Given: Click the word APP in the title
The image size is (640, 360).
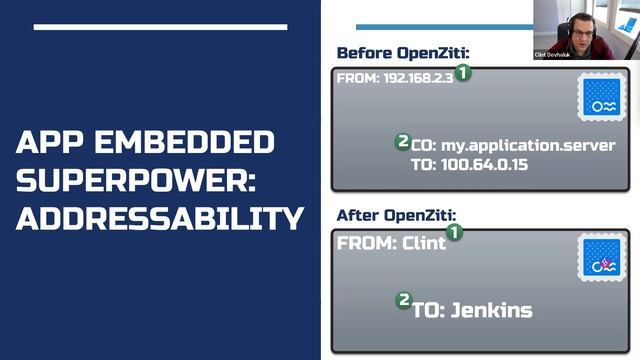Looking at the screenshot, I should point(51,142).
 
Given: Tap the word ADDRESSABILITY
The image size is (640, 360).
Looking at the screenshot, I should point(160,216).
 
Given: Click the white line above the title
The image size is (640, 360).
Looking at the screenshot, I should point(160,27).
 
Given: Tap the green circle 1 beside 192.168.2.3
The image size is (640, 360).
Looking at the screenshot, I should point(464,73).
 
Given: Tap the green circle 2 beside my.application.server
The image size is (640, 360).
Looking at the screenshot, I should point(403,142).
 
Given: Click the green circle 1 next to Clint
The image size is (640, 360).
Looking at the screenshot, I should point(454,233).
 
